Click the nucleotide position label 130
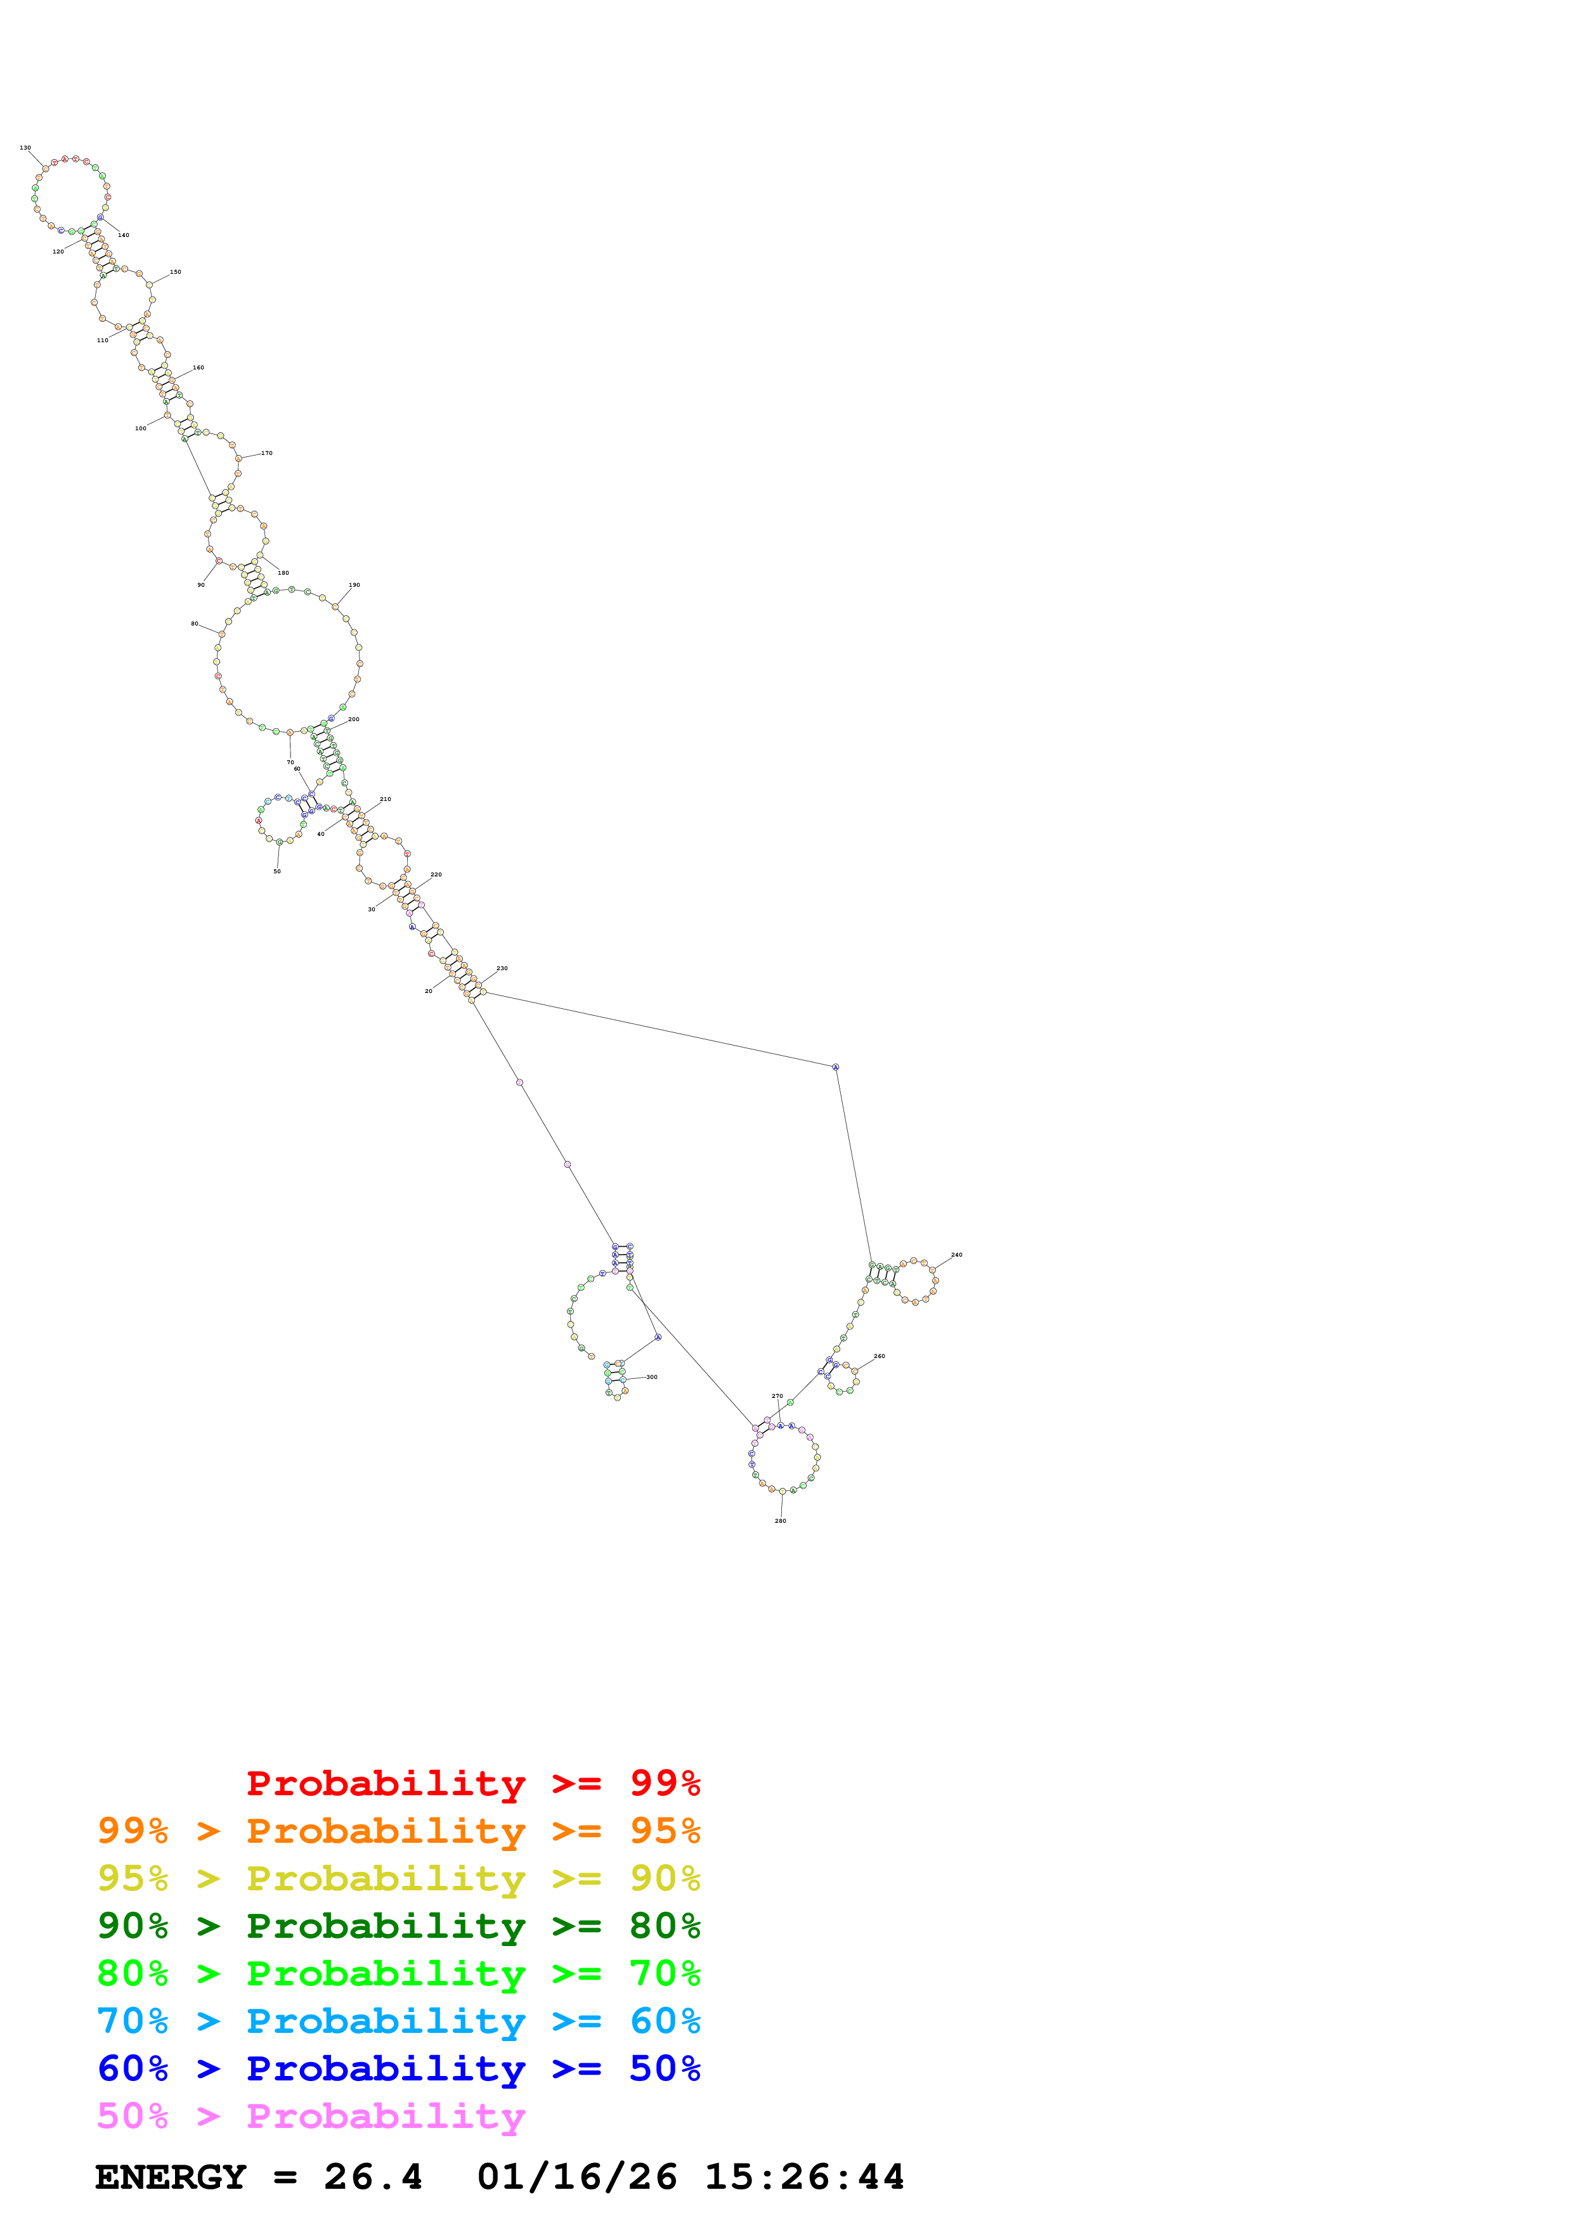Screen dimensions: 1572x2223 [25, 148]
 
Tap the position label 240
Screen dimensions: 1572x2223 [956, 1255]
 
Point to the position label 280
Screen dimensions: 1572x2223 [780, 1521]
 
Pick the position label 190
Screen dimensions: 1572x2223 [354, 585]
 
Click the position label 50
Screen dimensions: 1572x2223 [277, 871]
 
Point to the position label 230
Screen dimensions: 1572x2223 [502, 968]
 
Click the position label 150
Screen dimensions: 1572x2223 [175, 272]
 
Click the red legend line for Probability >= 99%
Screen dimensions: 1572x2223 [472, 1783]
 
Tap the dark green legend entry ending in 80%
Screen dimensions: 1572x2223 [398, 1926]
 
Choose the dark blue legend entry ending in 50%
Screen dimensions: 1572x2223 [398, 2068]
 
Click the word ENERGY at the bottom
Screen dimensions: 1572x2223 [171, 2177]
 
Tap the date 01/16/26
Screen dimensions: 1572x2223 [577, 2177]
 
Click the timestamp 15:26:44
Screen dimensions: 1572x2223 [804, 2177]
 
